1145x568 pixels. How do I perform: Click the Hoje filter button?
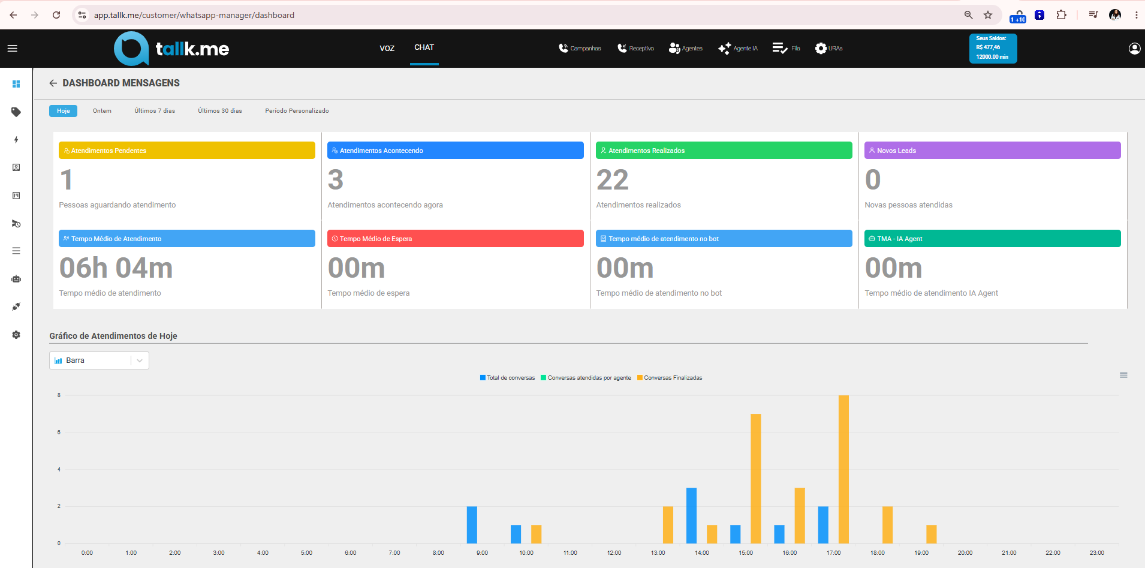coord(63,111)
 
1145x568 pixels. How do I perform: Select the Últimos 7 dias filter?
coord(155,111)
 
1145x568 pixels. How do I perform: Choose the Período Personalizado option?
coord(297,111)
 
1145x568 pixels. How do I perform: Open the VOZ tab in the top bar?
coord(387,49)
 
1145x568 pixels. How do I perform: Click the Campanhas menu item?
coord(580,49)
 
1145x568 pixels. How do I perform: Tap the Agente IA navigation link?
coord(738,49)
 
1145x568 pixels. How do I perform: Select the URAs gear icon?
coord(821,49)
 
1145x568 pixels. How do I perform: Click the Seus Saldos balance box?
coord(993,48)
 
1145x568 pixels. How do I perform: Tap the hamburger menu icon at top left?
coord(13,49)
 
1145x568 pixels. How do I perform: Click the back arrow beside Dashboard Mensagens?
coord(53,83)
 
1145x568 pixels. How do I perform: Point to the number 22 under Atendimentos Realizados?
coord(612,180)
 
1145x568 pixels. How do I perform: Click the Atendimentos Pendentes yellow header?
coord(187,151)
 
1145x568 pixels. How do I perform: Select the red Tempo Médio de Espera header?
coord(456,239)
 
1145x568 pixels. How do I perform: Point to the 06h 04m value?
coord(116,268)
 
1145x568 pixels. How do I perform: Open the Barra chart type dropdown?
coord(99,360)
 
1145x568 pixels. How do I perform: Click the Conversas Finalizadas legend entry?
coord(670,378)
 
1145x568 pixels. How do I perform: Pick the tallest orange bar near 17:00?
coord(843,469)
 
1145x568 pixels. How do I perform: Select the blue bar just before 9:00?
coord(472,525)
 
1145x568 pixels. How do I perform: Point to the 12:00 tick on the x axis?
coord(614,553)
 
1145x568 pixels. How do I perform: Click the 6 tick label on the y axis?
coord(59,432)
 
